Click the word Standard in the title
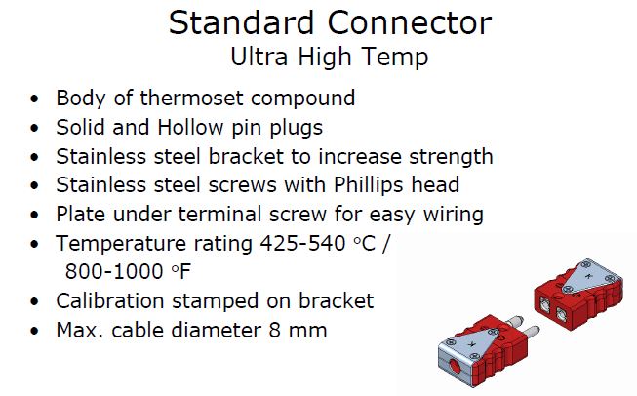click(241, 22)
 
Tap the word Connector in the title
click(410, 22)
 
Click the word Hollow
click(190, 127)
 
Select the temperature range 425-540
click(302, 244)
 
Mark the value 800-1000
click(114, 271)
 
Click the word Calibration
click(109, 301)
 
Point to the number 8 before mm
click(275, 331)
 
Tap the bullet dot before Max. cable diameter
click(34, 331)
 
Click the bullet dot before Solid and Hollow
click(34, 128)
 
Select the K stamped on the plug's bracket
click(472, 344)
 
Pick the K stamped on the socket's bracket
click(588, 276)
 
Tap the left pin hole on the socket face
click(544, 302)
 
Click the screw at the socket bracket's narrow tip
click(569, 289)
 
